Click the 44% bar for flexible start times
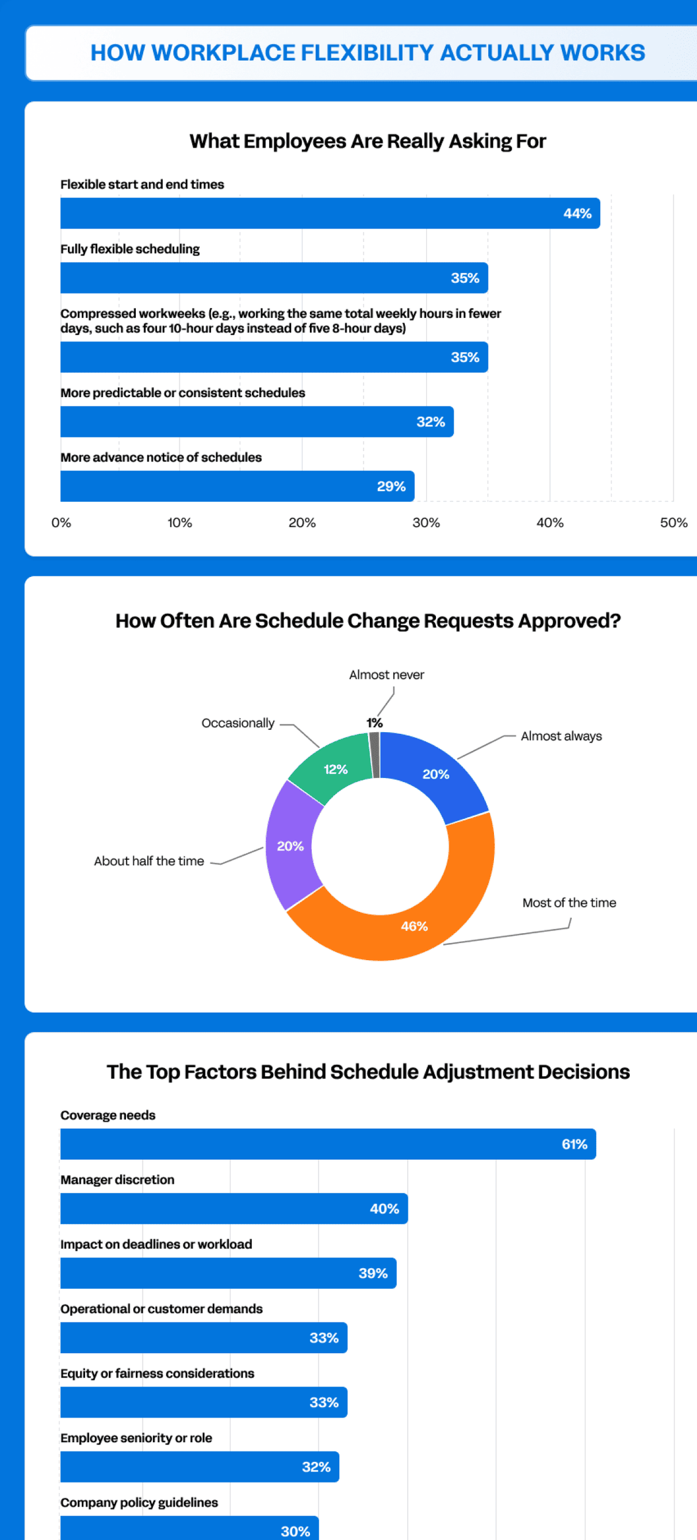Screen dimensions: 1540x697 pos(330,213)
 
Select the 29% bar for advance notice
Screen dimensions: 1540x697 pos(237,486)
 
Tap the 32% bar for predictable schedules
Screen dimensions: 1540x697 pos(257,422)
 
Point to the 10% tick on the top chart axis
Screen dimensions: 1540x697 pos(180,522)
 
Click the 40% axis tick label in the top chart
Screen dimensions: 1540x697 pos(550,522)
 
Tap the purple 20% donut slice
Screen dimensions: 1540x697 pos(290,846)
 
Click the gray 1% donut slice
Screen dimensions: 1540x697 pos(375,755)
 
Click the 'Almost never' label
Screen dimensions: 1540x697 pos(386,675)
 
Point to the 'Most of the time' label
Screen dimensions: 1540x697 pos(569,903)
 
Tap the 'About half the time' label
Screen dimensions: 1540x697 pos(149,861)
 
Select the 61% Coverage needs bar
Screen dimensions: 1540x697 pos(328,1144)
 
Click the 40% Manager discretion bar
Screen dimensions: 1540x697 pos(234,1209)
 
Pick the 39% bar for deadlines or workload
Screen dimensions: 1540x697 pos(228,1273)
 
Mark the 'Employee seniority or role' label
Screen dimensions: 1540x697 pos(136,1438)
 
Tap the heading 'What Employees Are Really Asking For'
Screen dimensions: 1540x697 pos(367,141)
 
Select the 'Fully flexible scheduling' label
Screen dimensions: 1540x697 pos(130,249)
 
